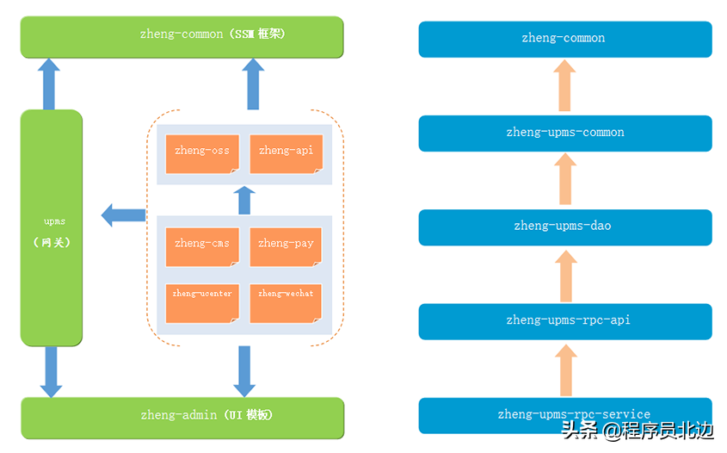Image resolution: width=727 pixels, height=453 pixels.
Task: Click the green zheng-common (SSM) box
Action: click(x=182, y=36)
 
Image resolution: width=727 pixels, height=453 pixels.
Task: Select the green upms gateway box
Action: click(x=52, y=227)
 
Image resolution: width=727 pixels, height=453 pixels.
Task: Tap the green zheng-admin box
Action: click(x=182, y=416)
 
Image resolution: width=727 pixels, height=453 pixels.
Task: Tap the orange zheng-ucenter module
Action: click(x=202, y=302)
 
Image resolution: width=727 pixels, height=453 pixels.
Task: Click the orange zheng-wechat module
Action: click(x=286, y=302)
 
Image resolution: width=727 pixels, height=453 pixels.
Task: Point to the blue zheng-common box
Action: click(x=564, y=39)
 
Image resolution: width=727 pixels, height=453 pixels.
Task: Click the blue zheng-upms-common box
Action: click(x=564, y=133)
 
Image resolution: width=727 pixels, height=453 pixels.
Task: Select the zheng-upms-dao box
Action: click(x=564, y=226)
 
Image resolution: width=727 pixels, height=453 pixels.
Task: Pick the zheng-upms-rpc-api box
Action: click(x=564, y=320)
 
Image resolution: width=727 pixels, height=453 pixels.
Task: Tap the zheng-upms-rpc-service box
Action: click(x=564, y=415)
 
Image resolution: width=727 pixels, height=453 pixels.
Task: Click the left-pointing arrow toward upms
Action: click(x=123, y=214)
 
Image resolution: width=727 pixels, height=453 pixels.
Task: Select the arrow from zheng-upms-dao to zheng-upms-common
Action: click(x=564, y=179)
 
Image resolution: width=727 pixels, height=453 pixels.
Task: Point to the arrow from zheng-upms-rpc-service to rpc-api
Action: click(x=564, y=368)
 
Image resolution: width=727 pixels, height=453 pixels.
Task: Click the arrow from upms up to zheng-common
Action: click(x=49, y=84)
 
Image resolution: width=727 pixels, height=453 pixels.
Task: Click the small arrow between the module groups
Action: click(x=244, y=200)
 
